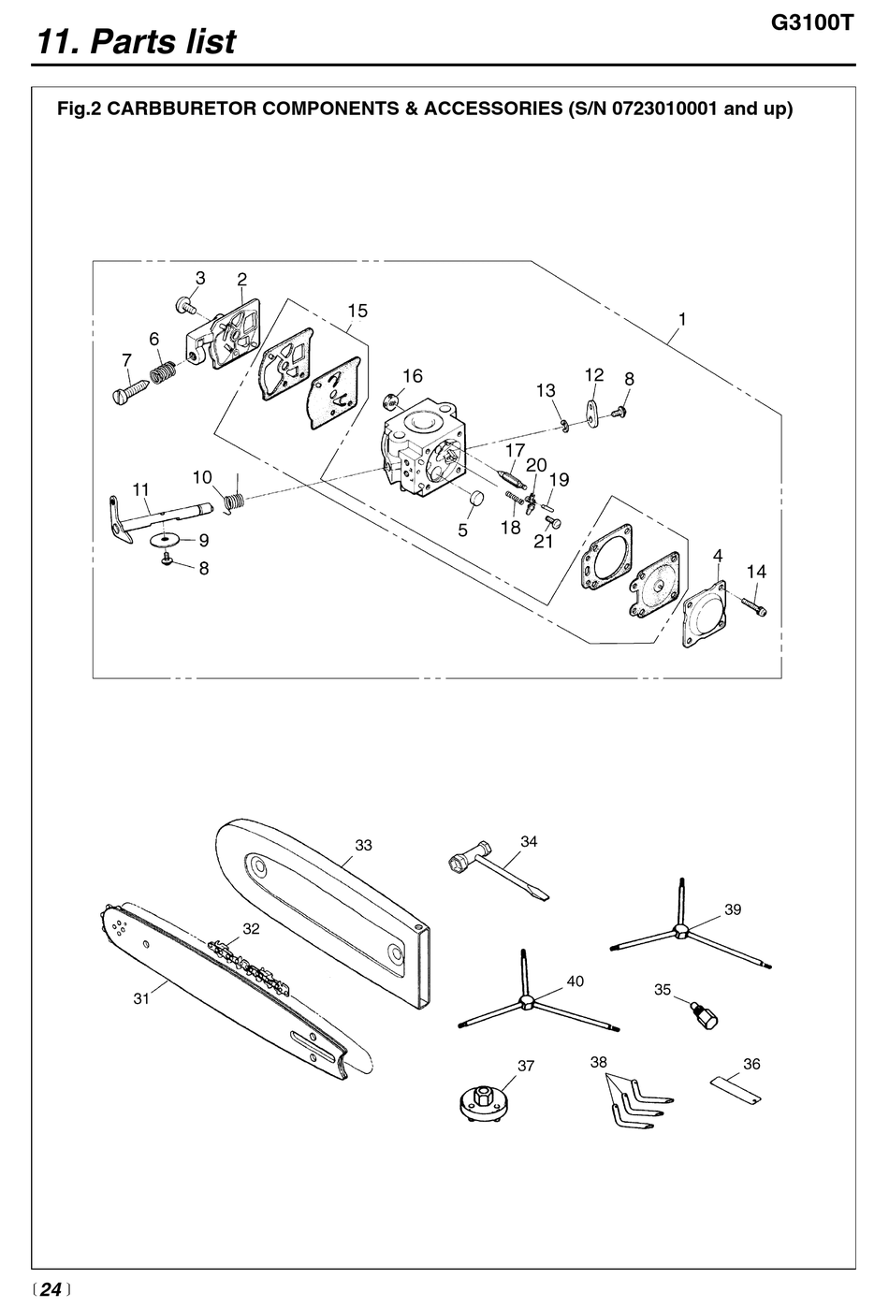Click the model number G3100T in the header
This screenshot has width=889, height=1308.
[x=812, y=23]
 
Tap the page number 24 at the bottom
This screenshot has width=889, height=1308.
[x=51, y=1288]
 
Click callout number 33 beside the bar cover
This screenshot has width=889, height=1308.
[x=363, y=845]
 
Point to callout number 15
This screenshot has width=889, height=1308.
[x=357, y=311]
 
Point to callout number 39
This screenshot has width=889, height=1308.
[x=733, y=909]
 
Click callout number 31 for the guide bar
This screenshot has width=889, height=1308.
[x=141, y=999]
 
